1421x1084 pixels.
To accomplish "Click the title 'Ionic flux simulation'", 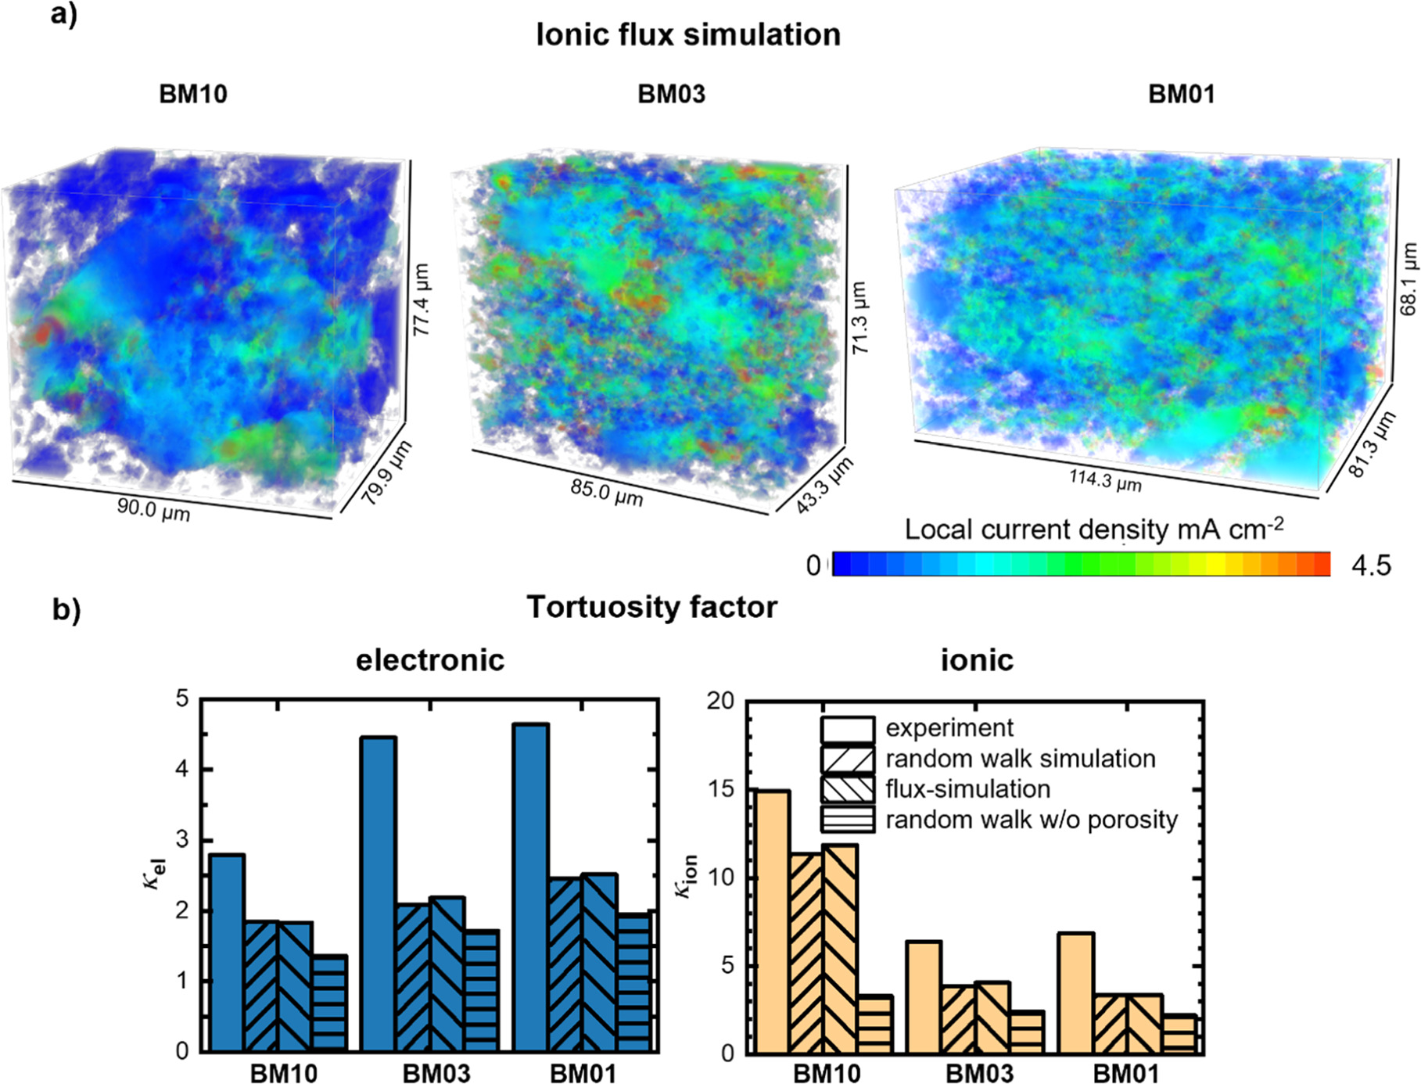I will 687,35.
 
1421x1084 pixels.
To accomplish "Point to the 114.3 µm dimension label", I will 1105,480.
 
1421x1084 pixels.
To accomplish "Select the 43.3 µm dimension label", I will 824,486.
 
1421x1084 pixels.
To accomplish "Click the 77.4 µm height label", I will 422,300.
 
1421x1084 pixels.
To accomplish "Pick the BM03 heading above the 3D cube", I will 671,95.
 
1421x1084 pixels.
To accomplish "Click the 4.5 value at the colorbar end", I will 1371,565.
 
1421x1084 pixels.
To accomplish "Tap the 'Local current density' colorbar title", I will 1093,529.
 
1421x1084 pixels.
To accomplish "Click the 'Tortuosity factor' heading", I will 651,608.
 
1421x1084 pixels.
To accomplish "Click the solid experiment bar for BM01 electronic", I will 530,887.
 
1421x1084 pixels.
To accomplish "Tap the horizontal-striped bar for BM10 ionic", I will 874,1025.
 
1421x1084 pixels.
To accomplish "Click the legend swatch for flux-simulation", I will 847,789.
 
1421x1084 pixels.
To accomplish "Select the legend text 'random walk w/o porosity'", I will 1031,820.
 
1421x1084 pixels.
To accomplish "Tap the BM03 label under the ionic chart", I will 979,1074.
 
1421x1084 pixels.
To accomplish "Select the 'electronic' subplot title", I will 430,661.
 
